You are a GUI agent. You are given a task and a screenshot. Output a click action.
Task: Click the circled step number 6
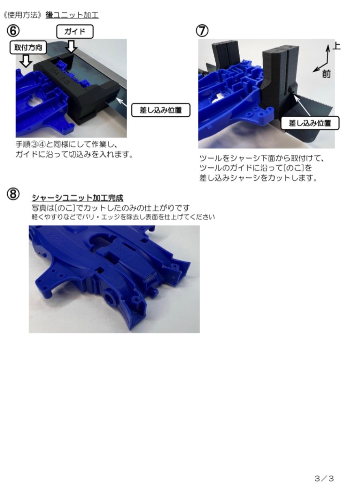click(x=13, y=31)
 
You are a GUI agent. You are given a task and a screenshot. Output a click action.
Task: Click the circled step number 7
click(x=202, y=31)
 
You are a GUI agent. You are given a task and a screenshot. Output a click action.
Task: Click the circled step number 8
click(x=13, y=194)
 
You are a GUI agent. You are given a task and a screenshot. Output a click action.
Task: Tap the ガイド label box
click(x=75, y=32)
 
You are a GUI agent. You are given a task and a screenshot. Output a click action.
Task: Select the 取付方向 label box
click(x=28, y=47)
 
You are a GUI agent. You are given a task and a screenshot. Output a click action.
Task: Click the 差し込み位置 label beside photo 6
click(x=161, y=110)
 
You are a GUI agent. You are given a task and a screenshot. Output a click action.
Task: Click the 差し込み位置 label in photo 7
click(x=310, y=123)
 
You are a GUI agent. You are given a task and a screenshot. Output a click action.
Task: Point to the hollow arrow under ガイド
click(x=72, y=46)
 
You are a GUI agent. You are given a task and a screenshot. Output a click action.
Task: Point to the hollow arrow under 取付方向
click(x=26, y=61)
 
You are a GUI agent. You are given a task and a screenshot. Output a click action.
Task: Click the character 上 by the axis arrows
click(x=336, y=46)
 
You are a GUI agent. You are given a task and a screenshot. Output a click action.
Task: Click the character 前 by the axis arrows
click(x=326, y=74)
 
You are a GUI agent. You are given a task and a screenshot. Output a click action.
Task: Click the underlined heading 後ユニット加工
click(x=72, y=15)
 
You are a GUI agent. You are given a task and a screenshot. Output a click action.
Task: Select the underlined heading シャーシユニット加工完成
click(x=78, y=198)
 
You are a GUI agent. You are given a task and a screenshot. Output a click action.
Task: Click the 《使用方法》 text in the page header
click(x=22, y=15)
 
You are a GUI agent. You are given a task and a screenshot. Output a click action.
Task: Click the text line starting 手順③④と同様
click(x=67, y=145)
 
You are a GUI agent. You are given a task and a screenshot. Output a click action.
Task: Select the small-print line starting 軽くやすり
click(x=123, y=217)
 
